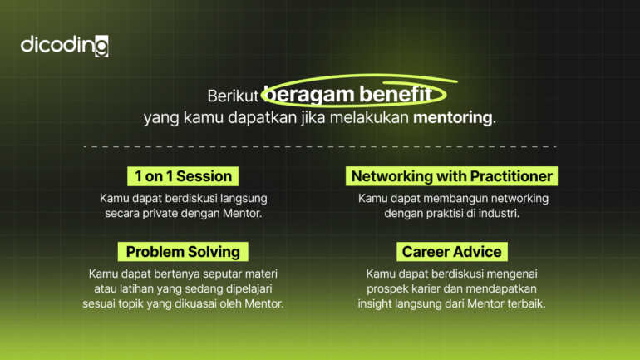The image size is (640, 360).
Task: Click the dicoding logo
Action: pos(64,46)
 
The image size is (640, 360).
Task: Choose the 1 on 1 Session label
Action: pos(184,176)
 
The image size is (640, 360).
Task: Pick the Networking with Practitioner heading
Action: pos(452,176)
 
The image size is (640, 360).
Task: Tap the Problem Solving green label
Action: pos(183,251)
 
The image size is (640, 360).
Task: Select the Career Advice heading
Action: pos(452,251)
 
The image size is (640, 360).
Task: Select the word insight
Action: pos(378,303)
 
